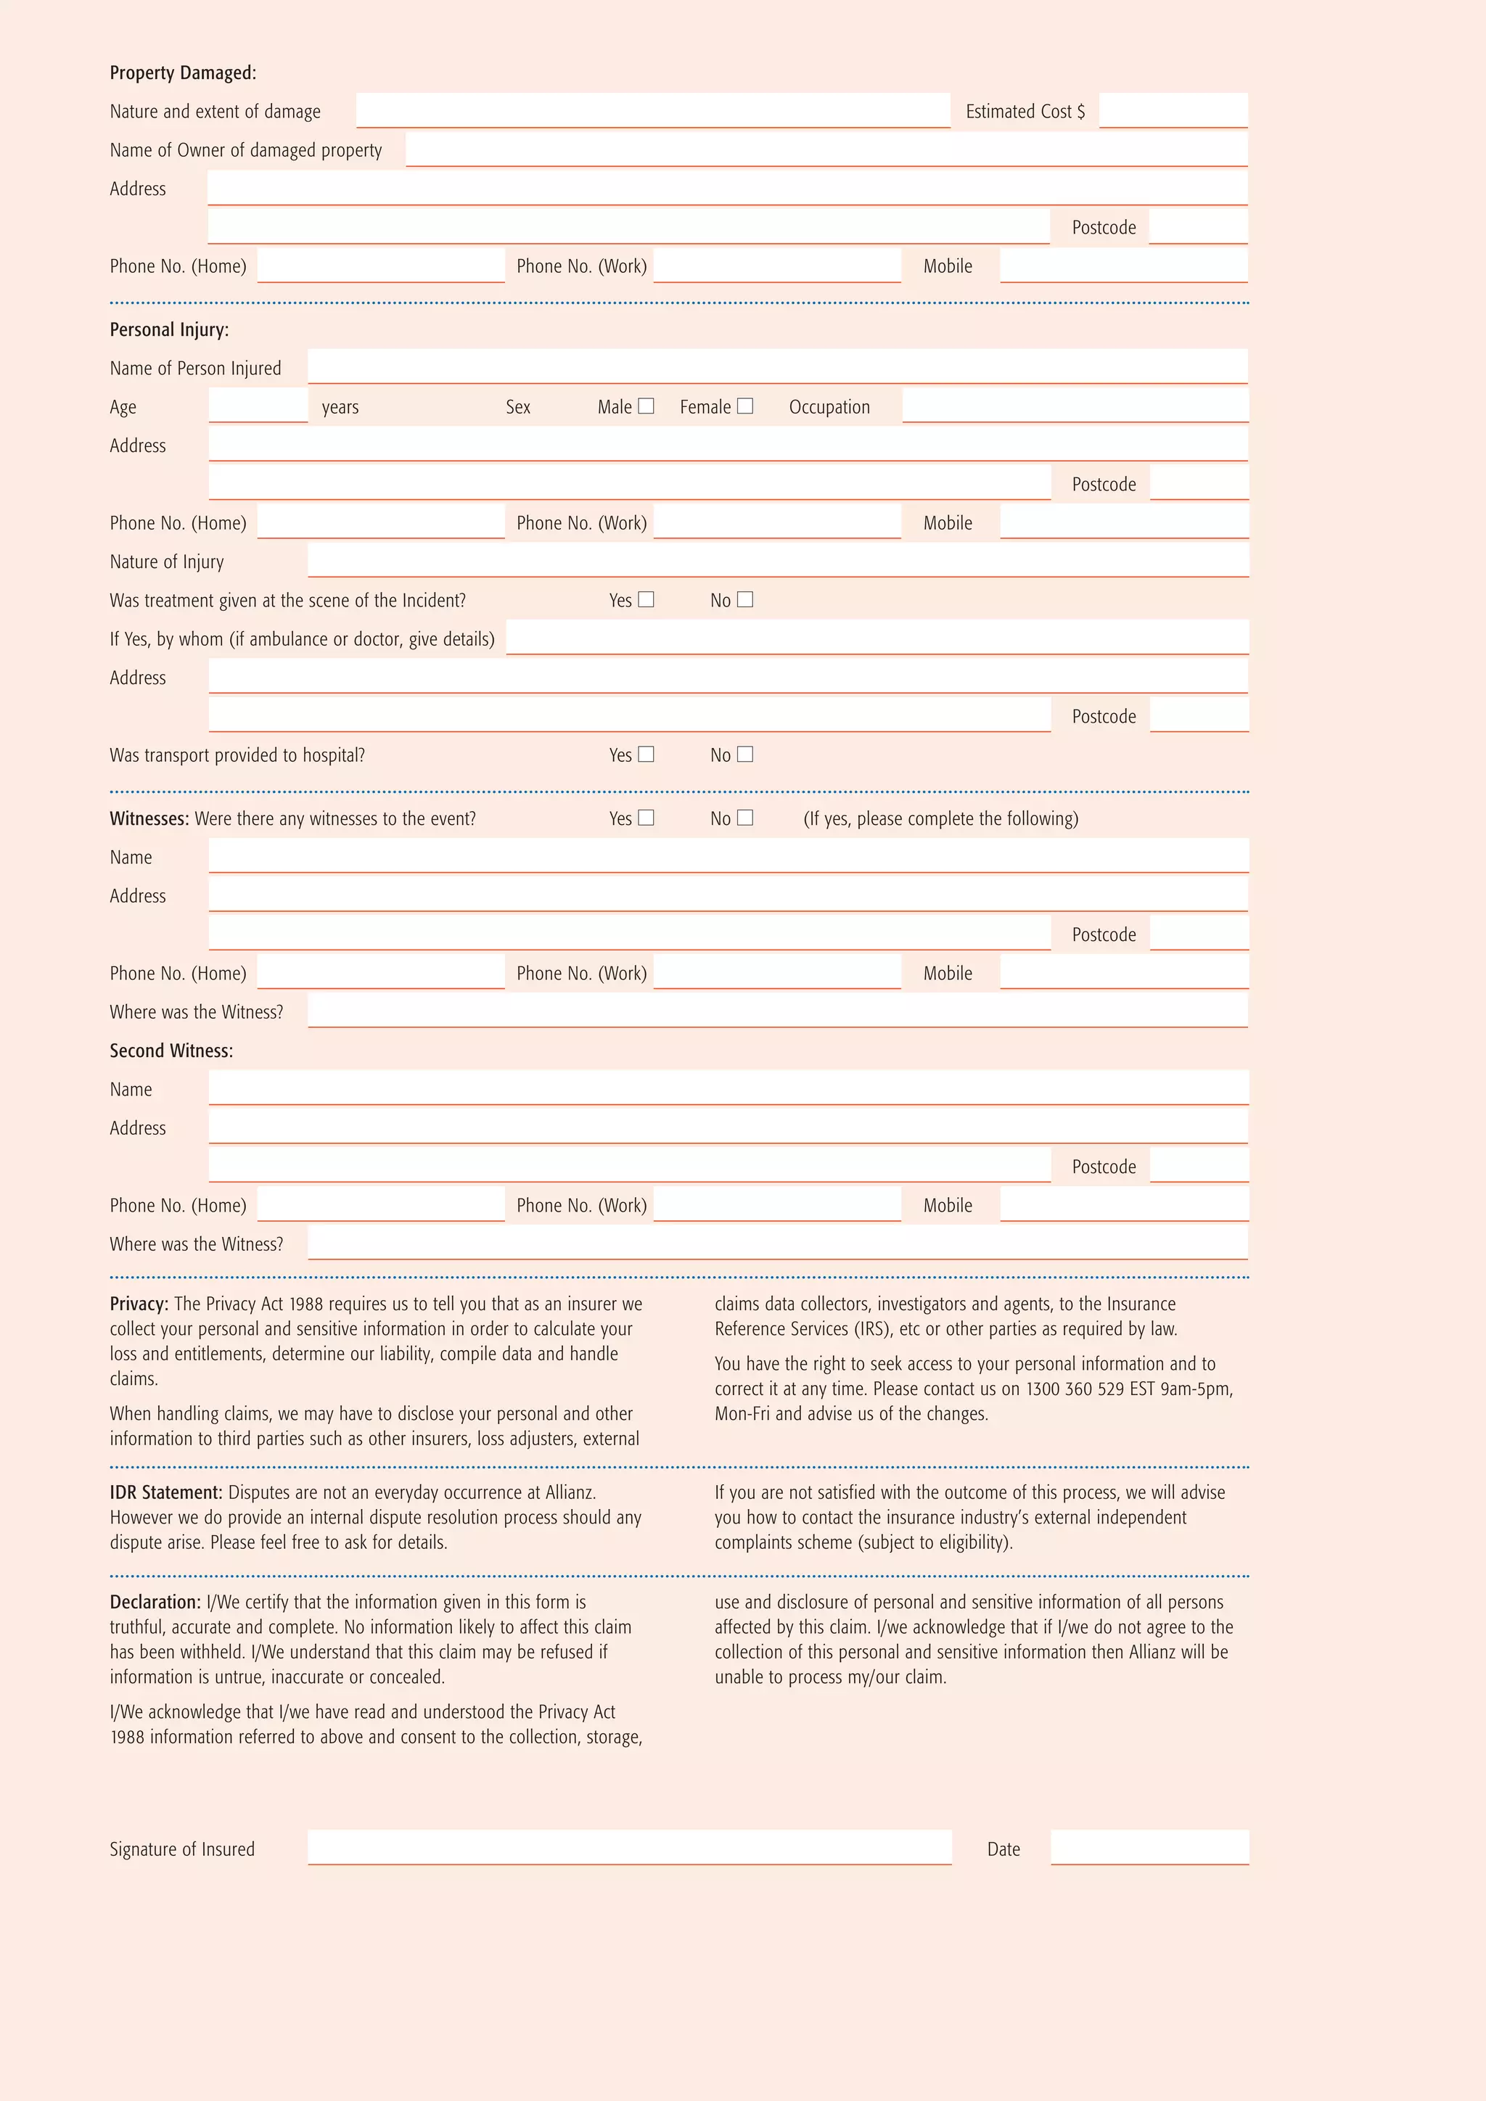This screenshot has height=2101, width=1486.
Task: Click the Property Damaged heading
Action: click(x=183, y=73)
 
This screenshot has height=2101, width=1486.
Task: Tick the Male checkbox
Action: click(x=646, y=406)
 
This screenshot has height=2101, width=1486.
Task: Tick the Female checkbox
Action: click(x=745, y=406)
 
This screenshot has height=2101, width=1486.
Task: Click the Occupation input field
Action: click(x=1075, y=406)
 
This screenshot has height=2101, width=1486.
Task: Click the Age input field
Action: click(x=258, y=406)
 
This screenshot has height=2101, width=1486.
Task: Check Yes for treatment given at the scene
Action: click(x=646, y=599)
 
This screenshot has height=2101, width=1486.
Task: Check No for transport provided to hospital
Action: click(x=745, y=754)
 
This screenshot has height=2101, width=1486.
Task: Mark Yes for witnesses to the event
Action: click(x=646, y=817)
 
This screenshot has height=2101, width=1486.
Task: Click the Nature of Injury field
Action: click(x=778, y=560)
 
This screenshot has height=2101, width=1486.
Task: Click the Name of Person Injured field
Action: click(x=778, y=367)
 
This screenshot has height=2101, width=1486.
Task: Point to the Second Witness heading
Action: click(x=171, y=1050)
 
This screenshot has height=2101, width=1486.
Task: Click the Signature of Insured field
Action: click(x=630, y=1848)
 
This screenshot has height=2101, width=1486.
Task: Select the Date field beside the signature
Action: click(x=1149, y=1848)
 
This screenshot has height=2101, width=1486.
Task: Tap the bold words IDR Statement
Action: click(x=165, y=1492)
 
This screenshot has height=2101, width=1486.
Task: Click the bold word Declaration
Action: click(x=155, y=1603)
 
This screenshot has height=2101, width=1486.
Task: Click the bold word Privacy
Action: click(x=138, y=1304)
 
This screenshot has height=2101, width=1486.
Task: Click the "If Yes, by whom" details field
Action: click(x=877, y=638)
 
